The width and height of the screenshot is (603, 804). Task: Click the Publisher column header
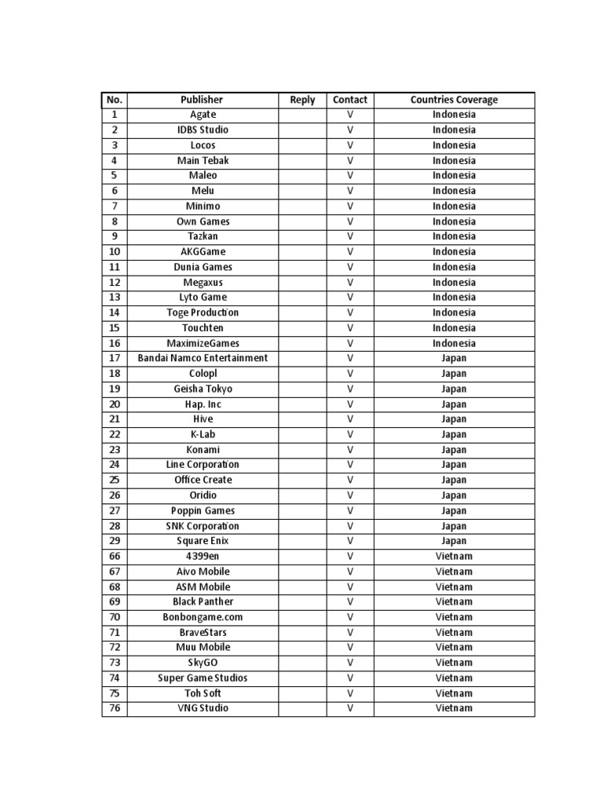[202, 100]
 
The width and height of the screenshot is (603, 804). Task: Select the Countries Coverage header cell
[454, 100]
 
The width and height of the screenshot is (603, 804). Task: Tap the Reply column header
[302, 100]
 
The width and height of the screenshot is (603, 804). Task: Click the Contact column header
[350, 100]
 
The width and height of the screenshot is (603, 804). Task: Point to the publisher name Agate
[203, 115]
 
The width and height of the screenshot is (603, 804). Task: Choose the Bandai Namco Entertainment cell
[203, 358]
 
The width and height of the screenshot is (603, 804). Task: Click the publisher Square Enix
[203, 541]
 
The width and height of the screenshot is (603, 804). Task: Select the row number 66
[115, 557]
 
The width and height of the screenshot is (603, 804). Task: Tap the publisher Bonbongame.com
[203, 617]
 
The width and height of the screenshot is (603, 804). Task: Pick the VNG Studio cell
[203, 708]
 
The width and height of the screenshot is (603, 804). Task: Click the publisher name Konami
[203, 450]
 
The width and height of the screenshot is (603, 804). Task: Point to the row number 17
[115, 358]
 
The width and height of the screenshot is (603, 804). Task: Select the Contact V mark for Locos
[350, 145]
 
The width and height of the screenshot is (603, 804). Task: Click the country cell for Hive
[454, 419]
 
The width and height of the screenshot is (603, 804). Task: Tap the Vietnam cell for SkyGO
[454, 663]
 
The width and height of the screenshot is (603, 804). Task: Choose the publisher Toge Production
[203, 312]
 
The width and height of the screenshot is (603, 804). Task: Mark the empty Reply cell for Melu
[302, 191]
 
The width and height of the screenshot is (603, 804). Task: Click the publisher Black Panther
[203, 601]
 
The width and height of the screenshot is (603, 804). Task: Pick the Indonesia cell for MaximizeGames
[454, 343]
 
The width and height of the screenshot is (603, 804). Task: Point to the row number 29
[115, 541]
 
